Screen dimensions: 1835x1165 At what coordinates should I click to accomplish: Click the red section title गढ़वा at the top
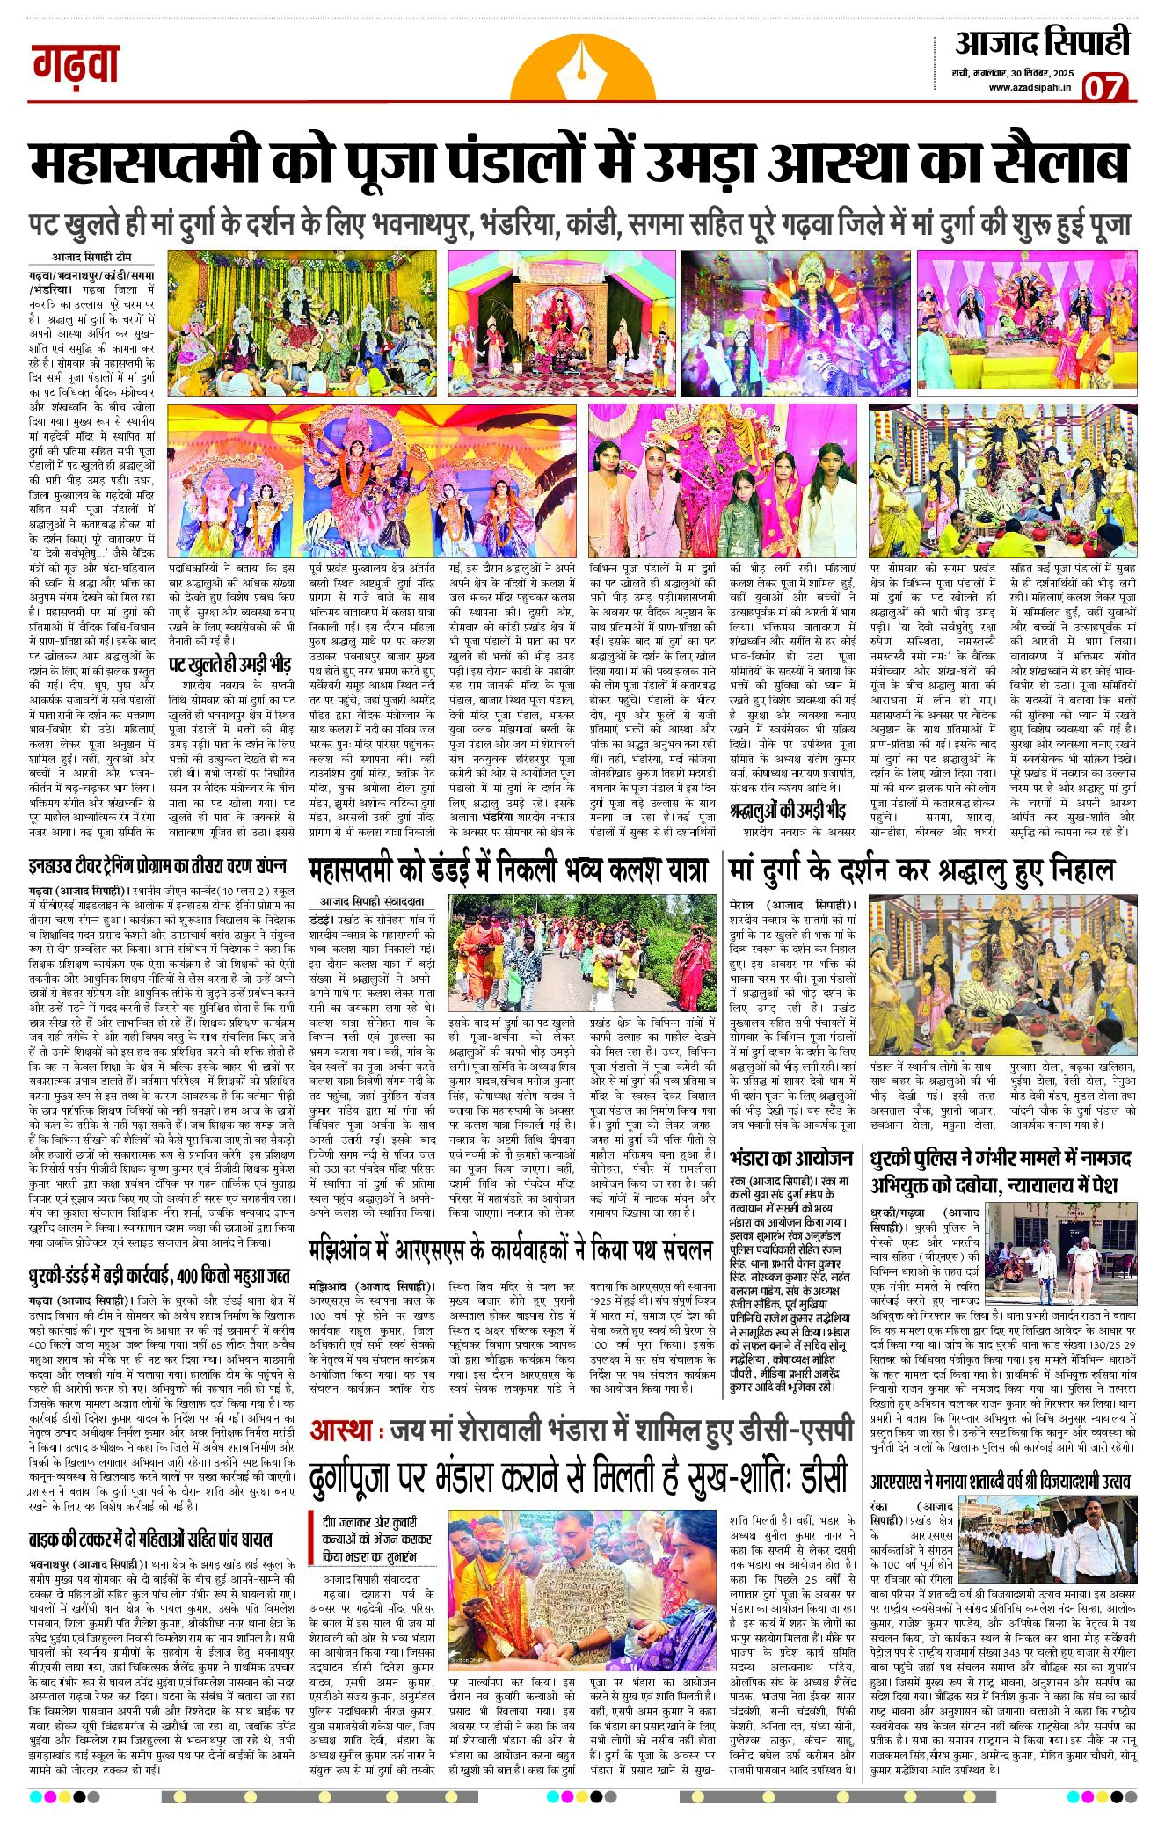[x=76, y=64]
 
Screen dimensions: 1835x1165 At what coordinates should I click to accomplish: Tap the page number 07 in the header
[x=1103, y=88]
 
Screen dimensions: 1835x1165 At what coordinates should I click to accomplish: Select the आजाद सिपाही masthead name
[x=1042, y=42]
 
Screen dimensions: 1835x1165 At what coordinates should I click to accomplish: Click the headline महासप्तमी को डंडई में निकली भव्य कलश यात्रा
[x=508, y=870]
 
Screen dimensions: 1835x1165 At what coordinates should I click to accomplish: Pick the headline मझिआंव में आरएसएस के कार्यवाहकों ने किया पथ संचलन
[x=511, y=1249]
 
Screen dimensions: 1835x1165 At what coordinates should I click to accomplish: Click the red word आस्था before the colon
[x=341, y=1431]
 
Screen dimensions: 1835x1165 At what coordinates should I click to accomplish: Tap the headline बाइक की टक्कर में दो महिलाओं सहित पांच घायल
[x=150, y=1539]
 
